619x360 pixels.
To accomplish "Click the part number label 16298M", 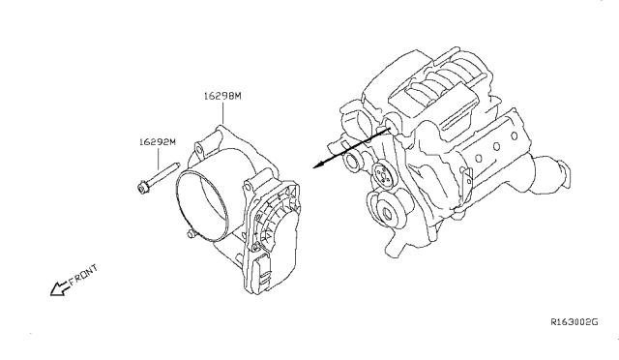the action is pos(222,96).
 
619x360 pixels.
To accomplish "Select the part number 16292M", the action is pos(157,142).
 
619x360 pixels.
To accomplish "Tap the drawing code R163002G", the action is pos(575,321).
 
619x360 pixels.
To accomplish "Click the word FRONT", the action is pos(83,275).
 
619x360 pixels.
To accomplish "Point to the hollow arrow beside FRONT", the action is pos(58,288).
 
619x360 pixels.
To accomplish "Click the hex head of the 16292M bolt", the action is pos(142,187).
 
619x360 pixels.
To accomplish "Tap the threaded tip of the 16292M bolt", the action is pos(177,164).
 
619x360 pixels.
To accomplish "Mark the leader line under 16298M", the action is pos(222,113).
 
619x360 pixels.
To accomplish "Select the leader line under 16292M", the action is pos(158,159).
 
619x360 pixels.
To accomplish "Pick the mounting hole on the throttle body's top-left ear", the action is pos(198,149).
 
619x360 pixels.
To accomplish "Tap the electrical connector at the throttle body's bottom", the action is pos(262,274).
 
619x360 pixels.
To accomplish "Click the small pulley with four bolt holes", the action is pos(383,174).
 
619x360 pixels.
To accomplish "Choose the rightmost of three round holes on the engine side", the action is pos(514,136).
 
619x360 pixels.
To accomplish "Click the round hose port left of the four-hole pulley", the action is pos(352,162).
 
